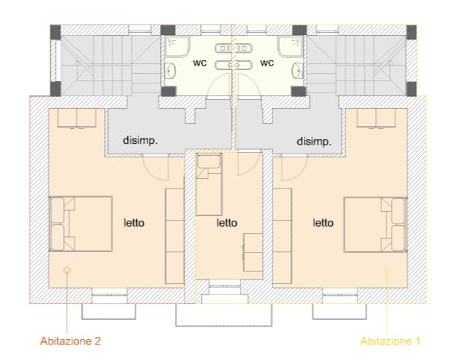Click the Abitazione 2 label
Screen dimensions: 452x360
(70, 341)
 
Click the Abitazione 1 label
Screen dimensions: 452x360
(390, 341)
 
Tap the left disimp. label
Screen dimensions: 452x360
(141, 140)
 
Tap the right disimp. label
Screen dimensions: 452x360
(314, 142)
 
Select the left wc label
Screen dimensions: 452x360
(200, 63)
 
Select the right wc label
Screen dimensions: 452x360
(267, 63)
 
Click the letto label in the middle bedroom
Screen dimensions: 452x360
(227, 223)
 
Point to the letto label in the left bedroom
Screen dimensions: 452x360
(134, 223)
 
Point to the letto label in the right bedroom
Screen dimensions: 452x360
(323, 223)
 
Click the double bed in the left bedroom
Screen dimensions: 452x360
(80, 224)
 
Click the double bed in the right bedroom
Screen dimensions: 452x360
(375, 224)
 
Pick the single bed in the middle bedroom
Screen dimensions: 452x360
(209, 184)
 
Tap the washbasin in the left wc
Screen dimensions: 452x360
(171, 71)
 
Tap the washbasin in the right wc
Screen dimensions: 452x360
(298, 71)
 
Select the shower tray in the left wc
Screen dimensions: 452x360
(177, 46)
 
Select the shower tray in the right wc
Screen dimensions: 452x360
(290, 46)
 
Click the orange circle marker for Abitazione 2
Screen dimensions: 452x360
(67, 271)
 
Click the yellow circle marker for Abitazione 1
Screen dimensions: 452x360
(387, 270)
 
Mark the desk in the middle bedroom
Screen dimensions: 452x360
(253, 253)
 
